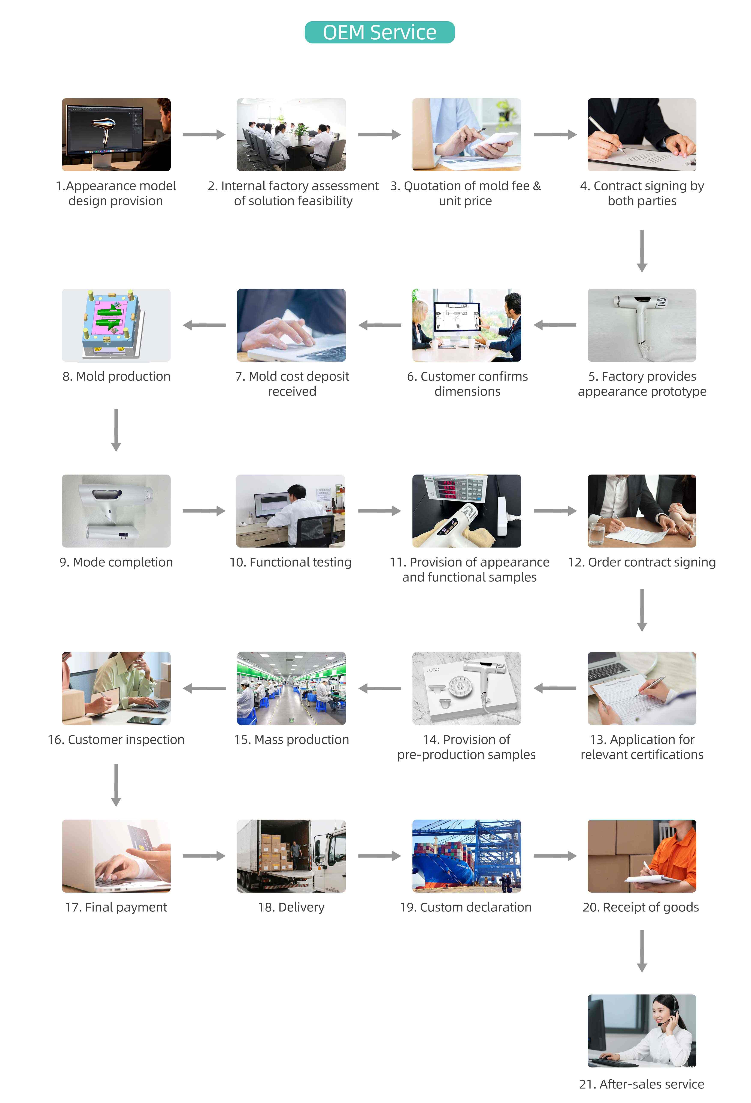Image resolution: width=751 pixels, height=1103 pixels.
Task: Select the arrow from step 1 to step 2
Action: coord(204,135)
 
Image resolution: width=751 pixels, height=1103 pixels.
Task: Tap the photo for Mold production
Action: coord(116,325)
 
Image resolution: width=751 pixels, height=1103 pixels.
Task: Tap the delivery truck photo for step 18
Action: coord(291,856)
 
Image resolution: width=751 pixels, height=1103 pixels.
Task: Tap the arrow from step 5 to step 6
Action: coord(554,325)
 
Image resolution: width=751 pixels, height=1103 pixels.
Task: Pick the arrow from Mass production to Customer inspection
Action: coord(204,688)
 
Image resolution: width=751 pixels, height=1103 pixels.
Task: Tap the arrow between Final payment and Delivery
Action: coord(204,856)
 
